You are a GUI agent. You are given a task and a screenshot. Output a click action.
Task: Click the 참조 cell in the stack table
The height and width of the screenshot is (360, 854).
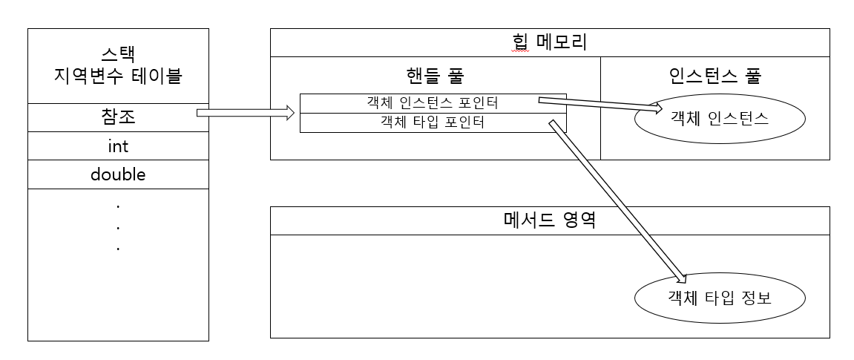[x=118, y=117]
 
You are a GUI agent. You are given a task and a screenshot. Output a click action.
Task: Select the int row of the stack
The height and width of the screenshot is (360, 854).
[x=118, y=146]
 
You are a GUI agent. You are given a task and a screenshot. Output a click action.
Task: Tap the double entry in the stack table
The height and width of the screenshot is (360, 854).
[x=118, y=175]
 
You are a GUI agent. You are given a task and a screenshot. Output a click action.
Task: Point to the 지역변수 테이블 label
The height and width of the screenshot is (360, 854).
[x=118, y=76]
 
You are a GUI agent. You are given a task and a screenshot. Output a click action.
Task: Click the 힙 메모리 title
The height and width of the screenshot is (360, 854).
[x=549, y=42]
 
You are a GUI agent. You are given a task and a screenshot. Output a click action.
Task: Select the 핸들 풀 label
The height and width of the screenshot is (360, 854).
[x=436, y=75]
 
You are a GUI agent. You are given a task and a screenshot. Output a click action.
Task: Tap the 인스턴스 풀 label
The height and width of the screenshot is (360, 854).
[x=715, y=75]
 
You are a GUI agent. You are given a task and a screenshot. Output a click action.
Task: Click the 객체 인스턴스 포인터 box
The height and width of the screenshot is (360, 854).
[x=433, y=103]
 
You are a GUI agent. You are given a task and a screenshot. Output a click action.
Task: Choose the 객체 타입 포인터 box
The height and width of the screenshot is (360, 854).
[x=433, y=122]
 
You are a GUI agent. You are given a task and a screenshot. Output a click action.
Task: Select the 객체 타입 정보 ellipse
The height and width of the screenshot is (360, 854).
[x=719, y=298]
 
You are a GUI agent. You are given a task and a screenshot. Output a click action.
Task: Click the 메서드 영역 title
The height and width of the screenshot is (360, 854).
[x=549, y=220]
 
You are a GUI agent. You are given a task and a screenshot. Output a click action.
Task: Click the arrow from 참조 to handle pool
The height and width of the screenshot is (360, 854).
[x=245, y=114]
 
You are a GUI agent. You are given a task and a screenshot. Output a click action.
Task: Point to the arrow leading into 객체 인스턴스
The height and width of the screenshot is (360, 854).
[x=601, y=105]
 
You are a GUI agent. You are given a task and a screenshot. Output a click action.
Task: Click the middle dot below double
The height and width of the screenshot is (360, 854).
[x=118, y=226]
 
